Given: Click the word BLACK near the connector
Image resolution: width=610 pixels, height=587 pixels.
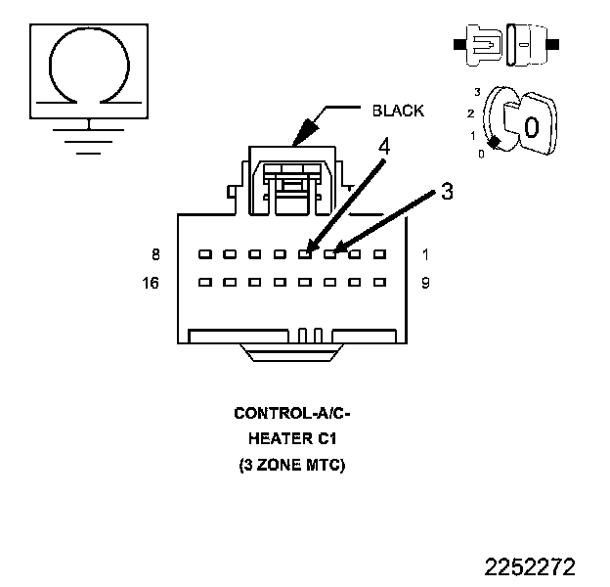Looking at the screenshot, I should [398, 111].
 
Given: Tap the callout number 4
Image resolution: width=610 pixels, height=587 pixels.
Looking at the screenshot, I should [384, 147].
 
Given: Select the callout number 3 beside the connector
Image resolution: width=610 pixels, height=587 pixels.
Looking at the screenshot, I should [447, 192].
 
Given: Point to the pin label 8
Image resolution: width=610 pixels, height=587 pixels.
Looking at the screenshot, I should [154, 254].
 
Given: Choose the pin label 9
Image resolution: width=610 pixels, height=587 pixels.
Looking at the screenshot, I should [426, 284].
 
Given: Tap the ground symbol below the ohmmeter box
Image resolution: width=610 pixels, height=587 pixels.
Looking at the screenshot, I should [89, 136].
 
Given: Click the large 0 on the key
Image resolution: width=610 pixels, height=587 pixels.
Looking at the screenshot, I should [531, 127].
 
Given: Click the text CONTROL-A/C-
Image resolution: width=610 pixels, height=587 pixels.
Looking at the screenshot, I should [292, 413].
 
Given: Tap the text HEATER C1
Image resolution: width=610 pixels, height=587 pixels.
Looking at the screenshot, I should [292, 439].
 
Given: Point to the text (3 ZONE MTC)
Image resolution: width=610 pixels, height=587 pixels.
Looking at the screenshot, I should [292, 467].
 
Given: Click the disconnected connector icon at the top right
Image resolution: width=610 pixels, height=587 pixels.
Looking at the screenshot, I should [505, 45].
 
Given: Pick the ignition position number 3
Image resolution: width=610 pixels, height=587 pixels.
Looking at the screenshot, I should [476, 91].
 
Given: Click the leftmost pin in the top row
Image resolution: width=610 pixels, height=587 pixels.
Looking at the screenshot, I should [204, 254].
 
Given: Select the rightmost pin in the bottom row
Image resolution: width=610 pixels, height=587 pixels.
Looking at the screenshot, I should [379, 283].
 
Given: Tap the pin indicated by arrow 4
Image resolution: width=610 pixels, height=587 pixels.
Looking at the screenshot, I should [305, 254].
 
